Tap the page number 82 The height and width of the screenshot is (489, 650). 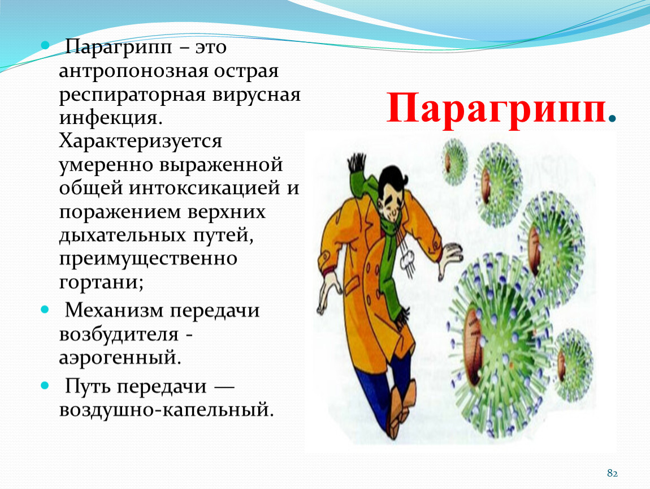click(612, 473)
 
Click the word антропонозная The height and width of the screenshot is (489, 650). click(133, 71)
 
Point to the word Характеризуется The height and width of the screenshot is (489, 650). click(141, 141)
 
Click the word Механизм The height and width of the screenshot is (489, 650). click(114, 310)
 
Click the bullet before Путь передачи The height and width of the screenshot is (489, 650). click(45, 385)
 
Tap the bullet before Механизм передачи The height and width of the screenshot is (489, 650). click(45, 309)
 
